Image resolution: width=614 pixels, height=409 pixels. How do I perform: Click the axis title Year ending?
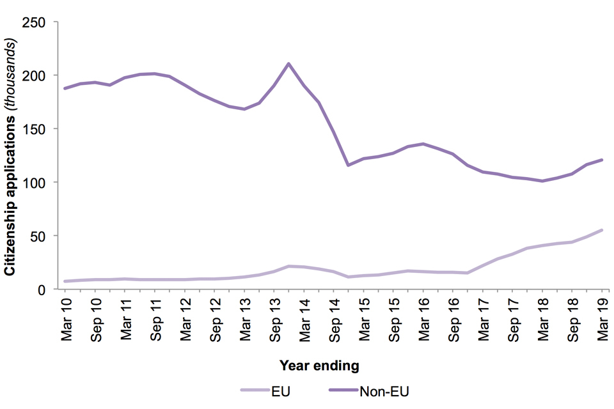click(x=319, y=366)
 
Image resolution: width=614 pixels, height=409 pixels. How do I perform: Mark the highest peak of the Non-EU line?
click(x=288, y=63)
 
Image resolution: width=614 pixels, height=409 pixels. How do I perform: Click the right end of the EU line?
click(x=601, y=230)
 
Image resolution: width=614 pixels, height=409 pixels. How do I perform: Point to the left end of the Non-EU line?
click(x=66, y=88)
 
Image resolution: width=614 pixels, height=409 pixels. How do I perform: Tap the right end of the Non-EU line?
click(x=601, y=160)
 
